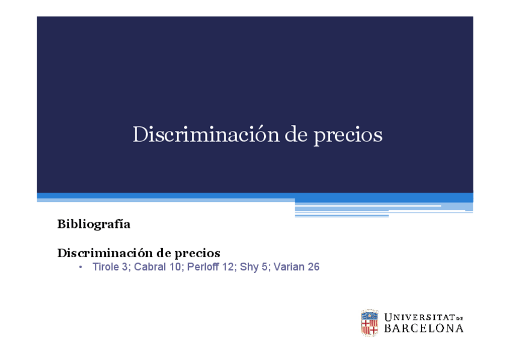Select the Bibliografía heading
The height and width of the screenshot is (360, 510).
coord(94,224)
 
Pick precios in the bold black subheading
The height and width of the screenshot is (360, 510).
coord(195,254)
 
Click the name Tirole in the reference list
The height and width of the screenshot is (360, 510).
coord(105,267)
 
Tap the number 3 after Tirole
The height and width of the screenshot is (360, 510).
coord(125,267)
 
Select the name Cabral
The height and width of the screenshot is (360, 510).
coord(150,267)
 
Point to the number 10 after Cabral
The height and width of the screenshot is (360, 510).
coord(176,267)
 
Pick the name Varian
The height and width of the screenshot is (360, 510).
coord(289,267)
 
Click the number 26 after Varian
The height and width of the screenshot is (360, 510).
coord(313,267)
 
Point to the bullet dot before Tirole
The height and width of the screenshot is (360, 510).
coord(80,267)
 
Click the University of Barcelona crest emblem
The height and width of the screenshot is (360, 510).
coord(369,323)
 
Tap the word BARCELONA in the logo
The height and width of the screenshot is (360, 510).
coord(424,329)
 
